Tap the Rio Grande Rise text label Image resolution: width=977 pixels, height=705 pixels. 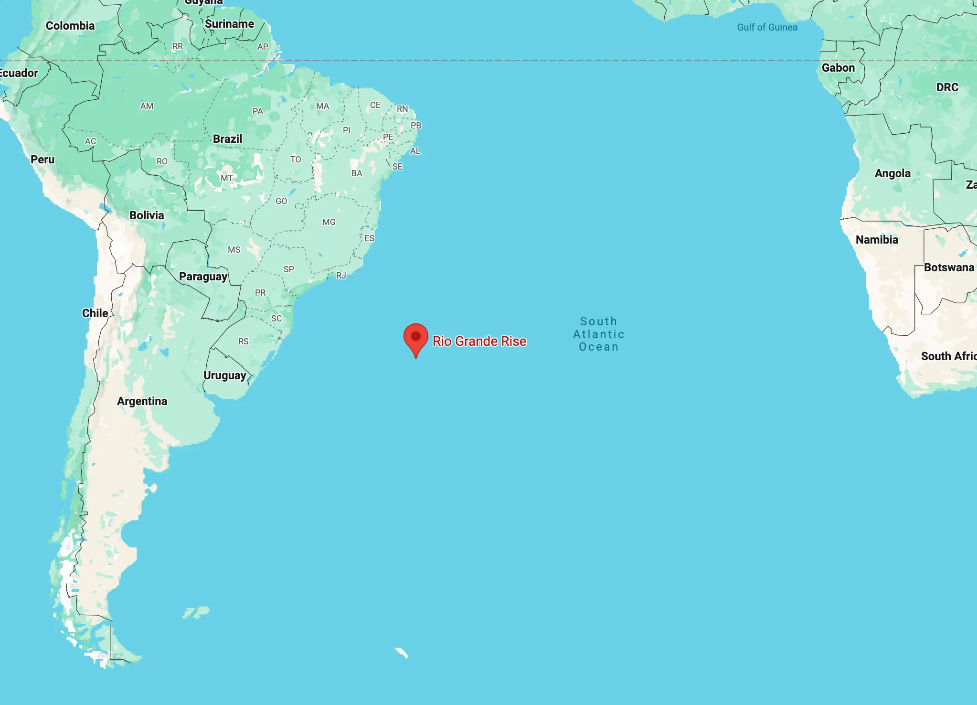479,341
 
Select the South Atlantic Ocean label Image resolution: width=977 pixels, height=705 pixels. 598,334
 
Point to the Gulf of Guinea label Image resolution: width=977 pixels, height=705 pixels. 767,27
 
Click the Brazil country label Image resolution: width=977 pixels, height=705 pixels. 227,139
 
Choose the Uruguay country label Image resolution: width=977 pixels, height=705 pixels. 224,375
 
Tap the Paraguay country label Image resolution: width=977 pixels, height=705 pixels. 203,277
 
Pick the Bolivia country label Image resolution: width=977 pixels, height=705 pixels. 147,215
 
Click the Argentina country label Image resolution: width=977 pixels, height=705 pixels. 142,401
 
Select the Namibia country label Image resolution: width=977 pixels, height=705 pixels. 877,240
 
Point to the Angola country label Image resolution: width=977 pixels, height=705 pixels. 892,173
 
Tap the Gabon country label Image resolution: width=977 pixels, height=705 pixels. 838,68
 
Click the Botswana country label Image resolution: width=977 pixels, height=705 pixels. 949,267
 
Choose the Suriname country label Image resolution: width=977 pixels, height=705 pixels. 229,24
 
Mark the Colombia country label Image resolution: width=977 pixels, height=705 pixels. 70,26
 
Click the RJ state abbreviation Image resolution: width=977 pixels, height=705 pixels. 341,276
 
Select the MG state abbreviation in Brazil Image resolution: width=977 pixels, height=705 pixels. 329,222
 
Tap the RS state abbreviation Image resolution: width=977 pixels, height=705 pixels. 244,342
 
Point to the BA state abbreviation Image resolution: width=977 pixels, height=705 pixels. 357,173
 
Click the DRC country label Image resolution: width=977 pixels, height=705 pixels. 947,87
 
